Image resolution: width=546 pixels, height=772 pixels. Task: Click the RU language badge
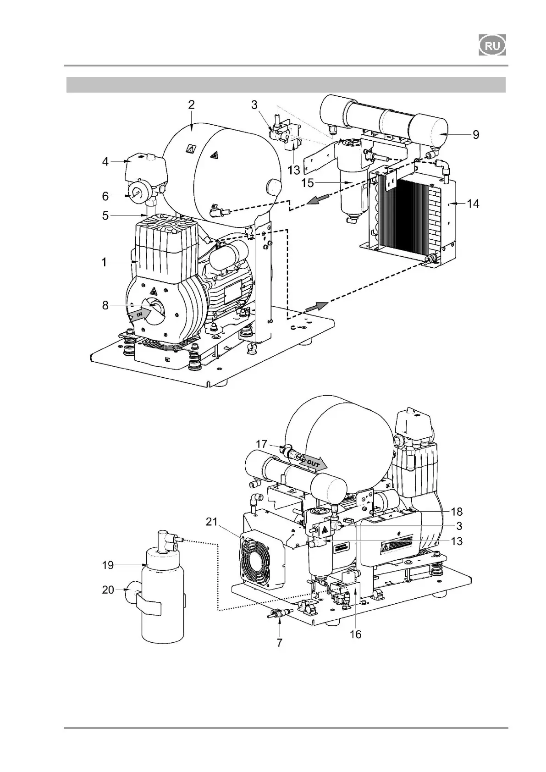point(492,45)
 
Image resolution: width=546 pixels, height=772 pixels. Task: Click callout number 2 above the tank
point(191,105)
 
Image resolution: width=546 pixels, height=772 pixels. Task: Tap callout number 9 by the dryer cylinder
point(476,135)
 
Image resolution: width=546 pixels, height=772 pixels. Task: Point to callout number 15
point(307,183)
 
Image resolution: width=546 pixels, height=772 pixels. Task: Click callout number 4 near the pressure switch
point(105,161)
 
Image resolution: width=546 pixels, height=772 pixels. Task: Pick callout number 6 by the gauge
point(105,196)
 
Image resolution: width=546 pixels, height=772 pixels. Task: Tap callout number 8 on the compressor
point(105,305)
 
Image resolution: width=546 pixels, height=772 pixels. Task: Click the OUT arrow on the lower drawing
point(313,464)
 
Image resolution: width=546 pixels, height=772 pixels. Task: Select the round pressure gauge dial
point(137,194)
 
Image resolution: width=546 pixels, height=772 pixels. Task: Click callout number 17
point(261,444)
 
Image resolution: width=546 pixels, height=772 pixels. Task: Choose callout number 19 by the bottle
point(108,565)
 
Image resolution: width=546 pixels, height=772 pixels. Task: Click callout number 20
point(108,590)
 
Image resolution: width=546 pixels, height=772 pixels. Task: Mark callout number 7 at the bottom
point(279,643)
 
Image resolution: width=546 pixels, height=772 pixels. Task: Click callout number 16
point(355,634)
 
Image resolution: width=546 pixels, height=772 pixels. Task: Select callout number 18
point(457,512)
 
